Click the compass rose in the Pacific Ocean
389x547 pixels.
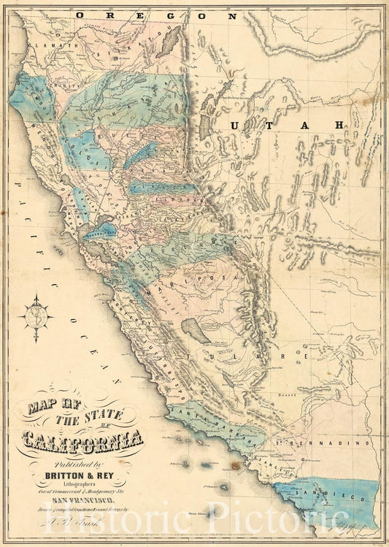[x=36, y=317]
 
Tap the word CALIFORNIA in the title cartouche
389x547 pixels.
[x=82, y=440]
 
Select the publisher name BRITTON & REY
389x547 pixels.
[x=82, y=473]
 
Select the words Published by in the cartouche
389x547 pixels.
[x=82, y=461]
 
